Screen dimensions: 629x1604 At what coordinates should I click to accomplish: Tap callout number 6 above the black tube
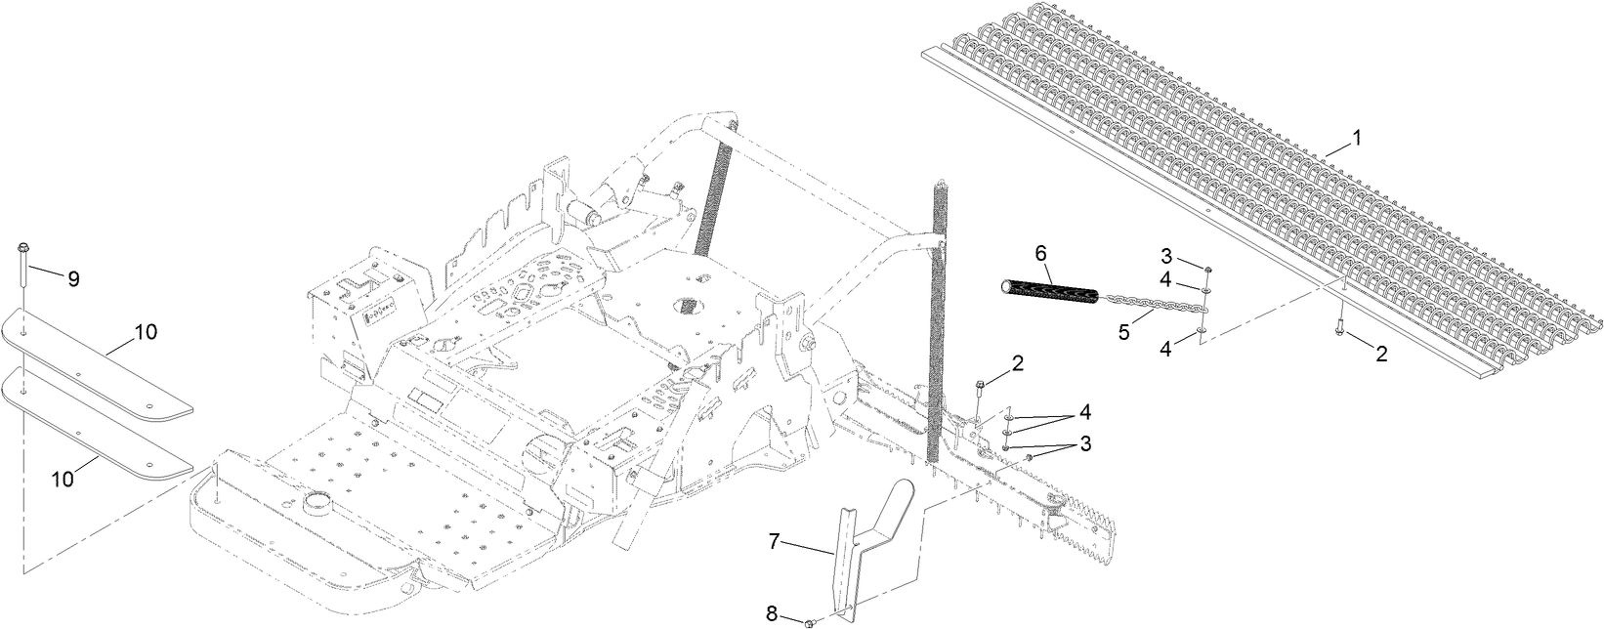pyautogui.click(x=1040, y=253)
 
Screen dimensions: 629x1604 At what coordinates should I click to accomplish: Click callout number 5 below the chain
pyautogui.click(x=1123, y=331)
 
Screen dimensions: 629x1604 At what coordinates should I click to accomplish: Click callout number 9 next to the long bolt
pyautogui.click(x=73, y=278)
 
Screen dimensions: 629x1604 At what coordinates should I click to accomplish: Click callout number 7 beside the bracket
pyautogui.click(x=774, y=541)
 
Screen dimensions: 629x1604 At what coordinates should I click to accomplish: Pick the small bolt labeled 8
pyautogui.click(x=811, y=622)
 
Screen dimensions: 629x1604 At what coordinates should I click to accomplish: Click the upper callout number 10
pyautogui.click(x=146, y=332)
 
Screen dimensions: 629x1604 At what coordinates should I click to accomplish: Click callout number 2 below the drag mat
pyautogui.click(x=1381, y=355)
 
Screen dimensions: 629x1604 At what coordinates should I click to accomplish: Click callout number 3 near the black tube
pyautogui.click(x=1166, y=256)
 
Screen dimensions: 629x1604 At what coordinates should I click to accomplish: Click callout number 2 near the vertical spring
pyautogui.click(x=1018, y=362)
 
